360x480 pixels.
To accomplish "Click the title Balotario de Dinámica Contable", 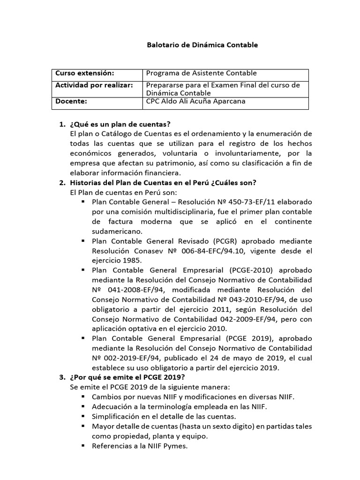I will (202, 45).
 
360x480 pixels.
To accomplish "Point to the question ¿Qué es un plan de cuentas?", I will (120, 124).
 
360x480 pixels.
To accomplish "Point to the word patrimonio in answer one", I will (174, 163).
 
